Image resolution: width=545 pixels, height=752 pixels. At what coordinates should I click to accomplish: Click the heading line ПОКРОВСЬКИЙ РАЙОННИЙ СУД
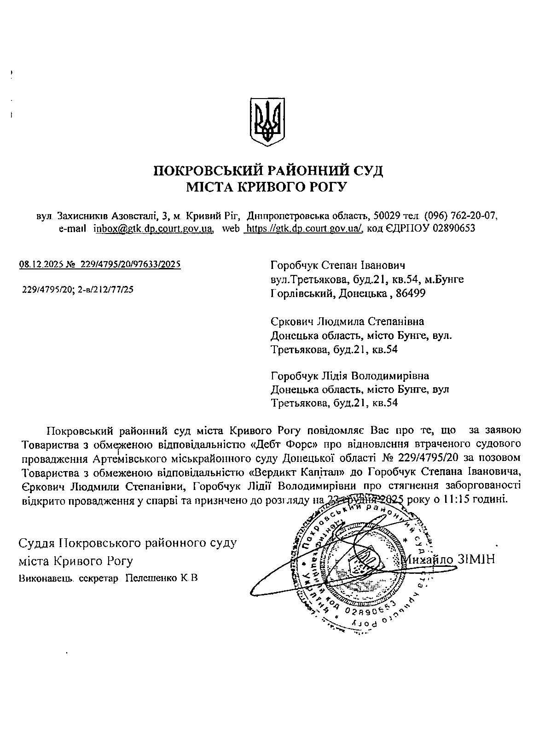268,171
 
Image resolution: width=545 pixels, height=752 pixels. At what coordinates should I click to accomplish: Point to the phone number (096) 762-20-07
460,216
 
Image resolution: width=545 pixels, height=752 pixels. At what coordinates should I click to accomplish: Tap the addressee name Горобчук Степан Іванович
338,266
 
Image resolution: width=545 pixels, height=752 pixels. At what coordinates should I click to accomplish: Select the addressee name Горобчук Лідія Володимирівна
350,376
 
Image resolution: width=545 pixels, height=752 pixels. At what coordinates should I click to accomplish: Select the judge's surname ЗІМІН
476,560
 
